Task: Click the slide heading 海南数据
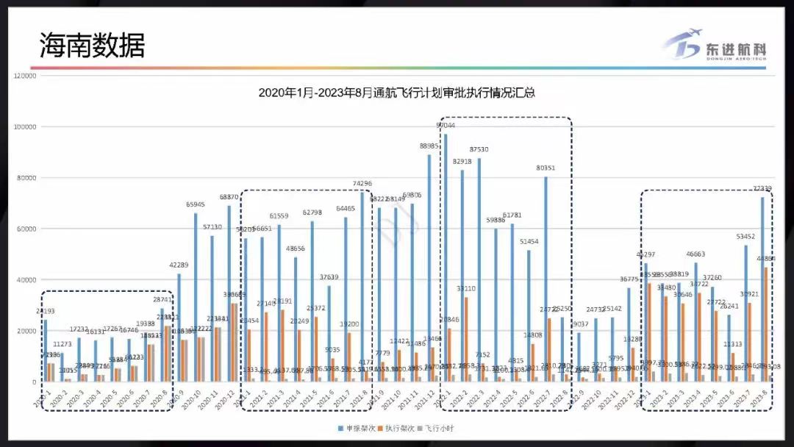(x=93, y=45)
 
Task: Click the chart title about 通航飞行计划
(x=396, y=93)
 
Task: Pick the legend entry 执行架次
(x=397, y=427)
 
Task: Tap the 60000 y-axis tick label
(x=26, y=229)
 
